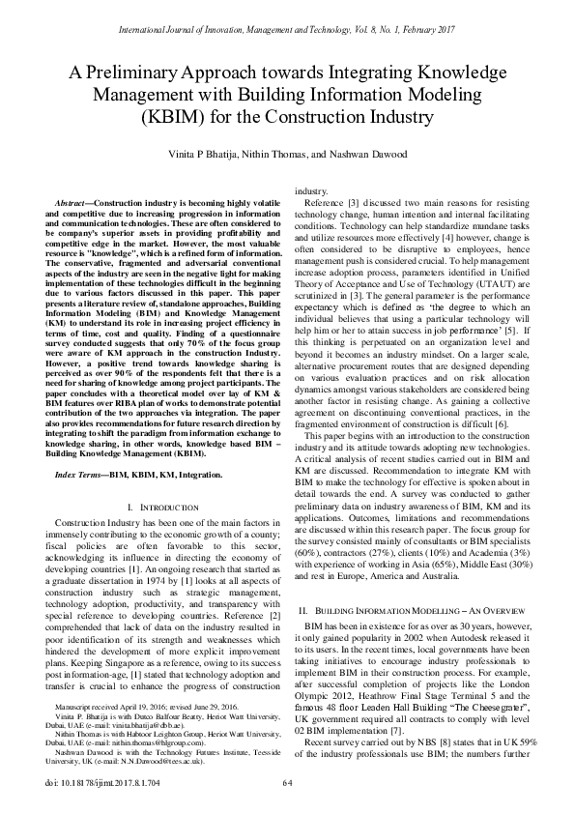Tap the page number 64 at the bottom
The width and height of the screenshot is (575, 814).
[287, 782]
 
